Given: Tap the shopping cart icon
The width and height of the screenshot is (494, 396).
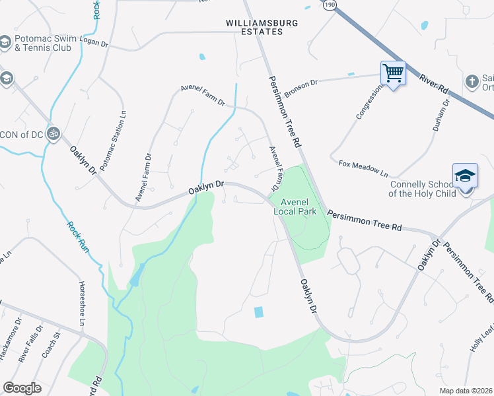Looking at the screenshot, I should (393, 73).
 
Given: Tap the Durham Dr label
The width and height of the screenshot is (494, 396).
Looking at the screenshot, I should (442, 115).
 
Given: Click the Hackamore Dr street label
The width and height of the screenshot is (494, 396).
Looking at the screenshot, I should (9, 341).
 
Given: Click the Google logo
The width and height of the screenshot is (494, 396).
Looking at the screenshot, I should (22, 388).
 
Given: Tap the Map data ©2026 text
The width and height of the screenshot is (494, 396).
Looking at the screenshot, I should (465, 391).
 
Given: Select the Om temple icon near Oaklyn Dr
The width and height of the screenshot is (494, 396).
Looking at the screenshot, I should (53, 133).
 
